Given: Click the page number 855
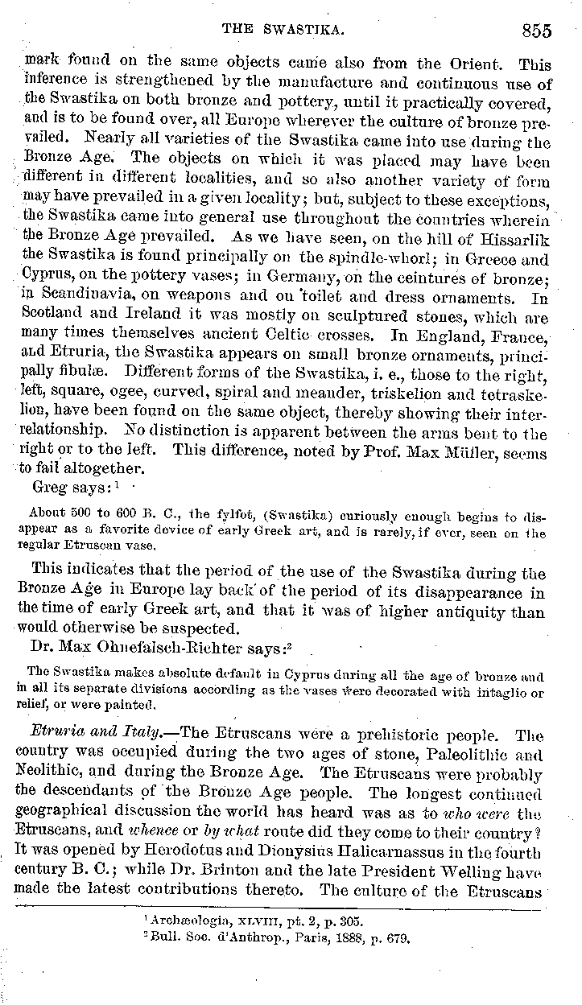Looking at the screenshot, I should click(x=535, y=31).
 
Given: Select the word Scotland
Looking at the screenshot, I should click(x=48, y=316).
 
